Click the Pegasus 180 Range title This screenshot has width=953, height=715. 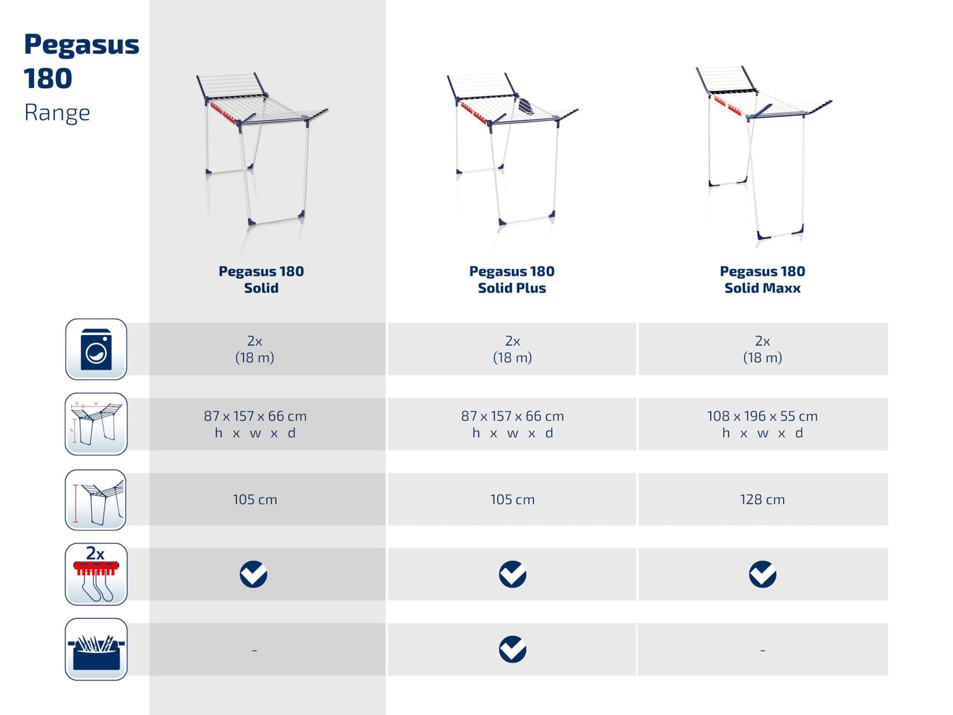81,78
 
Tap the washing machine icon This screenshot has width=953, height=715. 96,349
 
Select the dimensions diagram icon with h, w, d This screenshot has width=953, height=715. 96,424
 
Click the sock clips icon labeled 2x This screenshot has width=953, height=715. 96,574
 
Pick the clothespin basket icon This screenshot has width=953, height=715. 96,649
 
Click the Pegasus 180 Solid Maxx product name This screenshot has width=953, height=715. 762,280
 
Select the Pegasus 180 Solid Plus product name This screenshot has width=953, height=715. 512,280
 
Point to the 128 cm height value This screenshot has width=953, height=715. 762,499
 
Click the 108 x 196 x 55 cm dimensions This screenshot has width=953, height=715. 762,416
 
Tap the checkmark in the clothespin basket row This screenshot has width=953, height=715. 513,650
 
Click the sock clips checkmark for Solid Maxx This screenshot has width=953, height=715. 762,574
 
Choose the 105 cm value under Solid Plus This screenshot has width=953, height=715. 513,499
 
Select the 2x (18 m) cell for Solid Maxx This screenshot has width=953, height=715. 762,349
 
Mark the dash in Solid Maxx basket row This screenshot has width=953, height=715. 762,650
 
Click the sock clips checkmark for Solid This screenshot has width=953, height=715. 253,574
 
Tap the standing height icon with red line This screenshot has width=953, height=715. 96,499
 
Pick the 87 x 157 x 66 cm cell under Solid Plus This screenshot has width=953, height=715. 513,424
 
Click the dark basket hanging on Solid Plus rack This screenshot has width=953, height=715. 525,107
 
